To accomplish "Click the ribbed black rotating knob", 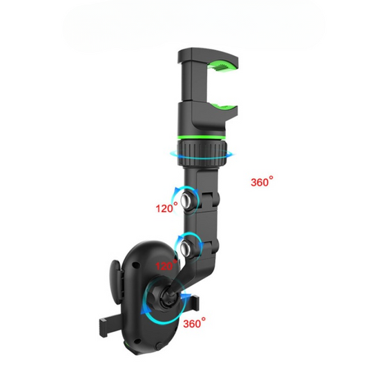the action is pos(202,153).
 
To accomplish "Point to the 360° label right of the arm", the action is pos(262,182).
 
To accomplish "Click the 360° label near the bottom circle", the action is pos(194,323).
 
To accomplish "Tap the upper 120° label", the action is pos(166,208).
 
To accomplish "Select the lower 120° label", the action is pos(166,266).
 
